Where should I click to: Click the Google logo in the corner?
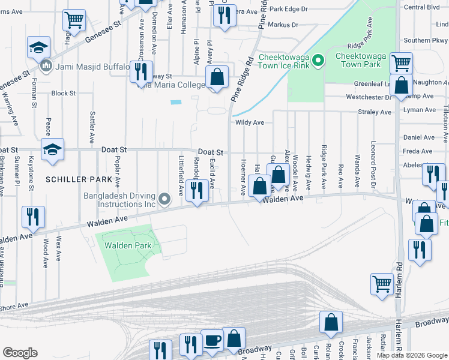20,353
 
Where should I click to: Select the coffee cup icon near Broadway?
212,340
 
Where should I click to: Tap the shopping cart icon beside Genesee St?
74,20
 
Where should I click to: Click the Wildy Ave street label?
250,122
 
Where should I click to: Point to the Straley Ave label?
374,112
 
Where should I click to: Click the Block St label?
63,94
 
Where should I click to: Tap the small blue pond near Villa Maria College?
175,102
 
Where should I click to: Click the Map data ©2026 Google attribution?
412,355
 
